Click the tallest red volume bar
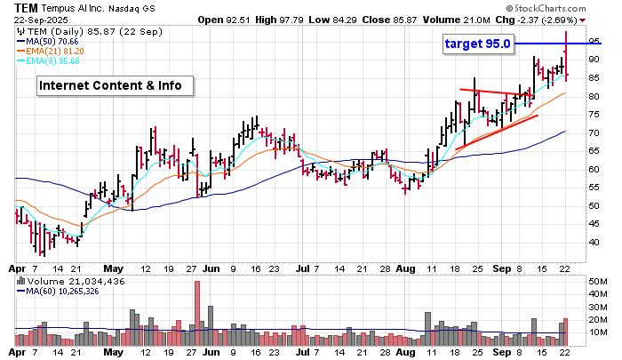(x=196, y=312)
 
